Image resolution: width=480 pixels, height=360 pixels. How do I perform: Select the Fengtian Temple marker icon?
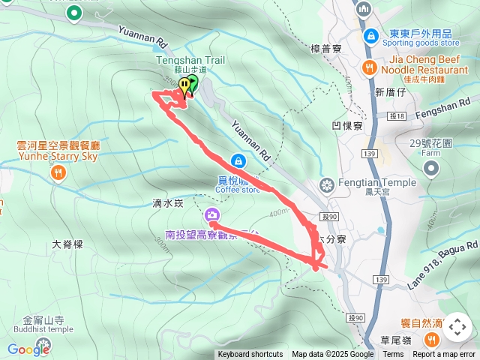pyautogui.click(x=326, y=184)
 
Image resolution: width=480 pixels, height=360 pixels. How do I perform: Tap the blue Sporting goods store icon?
pyautogui.click(x=370, y=35)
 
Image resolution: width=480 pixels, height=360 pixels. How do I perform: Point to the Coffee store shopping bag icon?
pyautogui.click(x=238, y=160)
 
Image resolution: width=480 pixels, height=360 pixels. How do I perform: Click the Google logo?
pyautogui.click(x=28, y=349)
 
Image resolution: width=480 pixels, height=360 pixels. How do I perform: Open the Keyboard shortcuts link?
pyautogui.click(x=250, y=355)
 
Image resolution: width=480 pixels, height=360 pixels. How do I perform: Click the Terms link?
pyautogui.click(x=393, y=355)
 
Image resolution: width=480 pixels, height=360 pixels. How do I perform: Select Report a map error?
pyautogui.click(x=445, y=355)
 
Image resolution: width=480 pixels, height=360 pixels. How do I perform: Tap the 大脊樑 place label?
pyautogui.click(x=67, y=244)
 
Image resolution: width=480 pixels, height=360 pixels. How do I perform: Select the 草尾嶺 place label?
pyautogui.click(x=396, y=340)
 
